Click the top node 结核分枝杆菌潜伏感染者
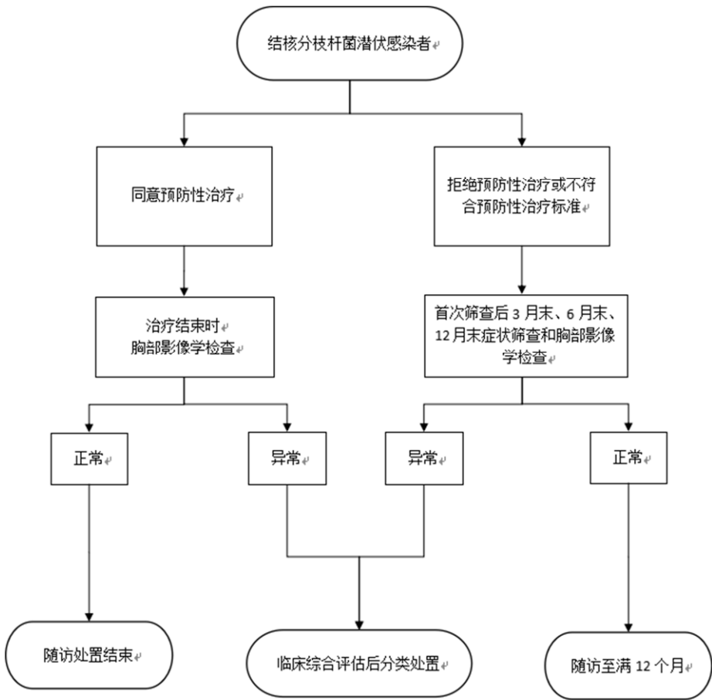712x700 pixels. pos(351,46)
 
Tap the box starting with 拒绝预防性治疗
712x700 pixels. pos(523,197)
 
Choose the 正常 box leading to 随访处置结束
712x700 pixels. pos(91,458)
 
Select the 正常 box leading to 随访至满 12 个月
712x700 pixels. pos(626,458)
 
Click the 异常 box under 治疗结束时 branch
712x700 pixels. pos(287,458)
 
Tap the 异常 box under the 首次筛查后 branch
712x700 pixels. pos(423,458)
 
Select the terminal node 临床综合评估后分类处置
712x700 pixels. pos(357,661)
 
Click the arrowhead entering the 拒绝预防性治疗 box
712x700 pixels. pos(523,140)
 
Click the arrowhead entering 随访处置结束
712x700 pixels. pos(91,614)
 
